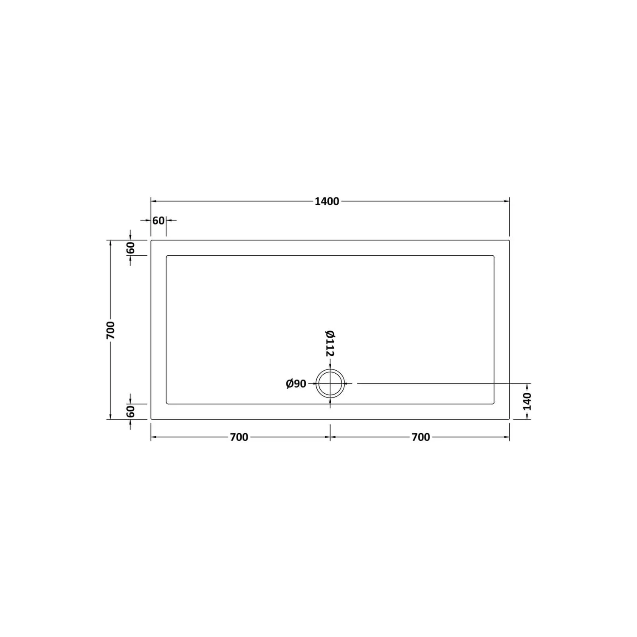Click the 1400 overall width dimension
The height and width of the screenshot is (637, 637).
(327, 201)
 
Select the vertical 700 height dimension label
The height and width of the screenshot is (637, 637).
(110, 330)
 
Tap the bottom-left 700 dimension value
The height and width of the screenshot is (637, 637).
(239, 437)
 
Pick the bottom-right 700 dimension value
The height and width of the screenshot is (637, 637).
(421, 437)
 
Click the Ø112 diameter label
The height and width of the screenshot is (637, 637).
(330, 343)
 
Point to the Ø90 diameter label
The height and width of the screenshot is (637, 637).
(296, 384)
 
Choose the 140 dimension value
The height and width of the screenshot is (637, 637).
(527, 401)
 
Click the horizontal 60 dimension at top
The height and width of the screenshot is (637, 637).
(158, 221)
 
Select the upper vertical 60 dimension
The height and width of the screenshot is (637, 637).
(131, 248)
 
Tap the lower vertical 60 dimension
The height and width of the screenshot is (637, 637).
(131, 411)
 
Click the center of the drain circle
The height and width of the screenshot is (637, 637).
(330, 383)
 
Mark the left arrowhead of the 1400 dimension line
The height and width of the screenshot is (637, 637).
(153, 201)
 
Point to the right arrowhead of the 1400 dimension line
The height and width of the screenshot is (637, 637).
(507, 201)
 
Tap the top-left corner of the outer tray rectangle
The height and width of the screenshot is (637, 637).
(151, 240)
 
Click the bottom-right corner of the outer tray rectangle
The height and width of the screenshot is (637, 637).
(509, 419)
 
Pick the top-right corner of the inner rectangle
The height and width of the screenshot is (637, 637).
(494, 256)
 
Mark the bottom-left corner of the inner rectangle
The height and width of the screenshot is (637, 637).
(166, 404)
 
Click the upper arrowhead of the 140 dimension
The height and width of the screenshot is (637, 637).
(527, 386)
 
